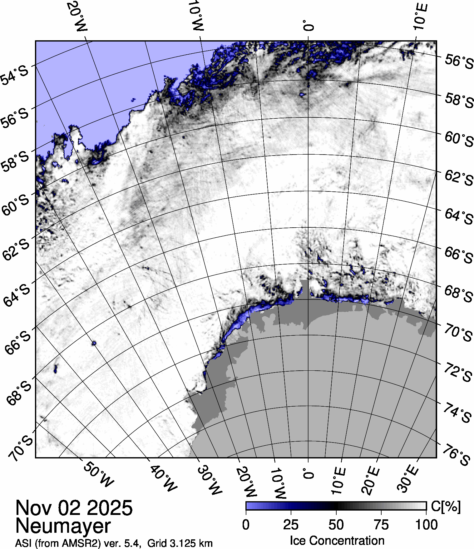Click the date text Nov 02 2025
74,507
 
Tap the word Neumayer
63,526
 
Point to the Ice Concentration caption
337,541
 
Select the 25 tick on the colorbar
291,525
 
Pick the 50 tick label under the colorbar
336,525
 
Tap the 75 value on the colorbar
381,525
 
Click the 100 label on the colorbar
427,525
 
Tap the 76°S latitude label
457,455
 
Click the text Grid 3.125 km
180,544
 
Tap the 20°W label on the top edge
77,16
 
